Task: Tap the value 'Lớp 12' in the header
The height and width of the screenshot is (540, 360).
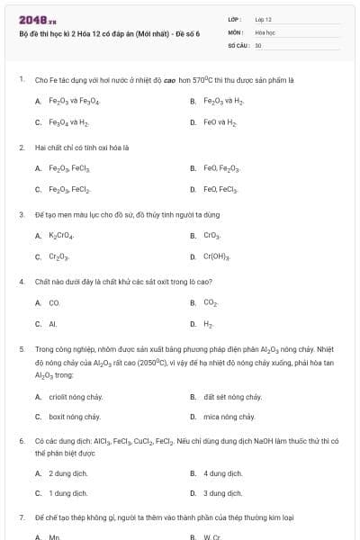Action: [263, 19]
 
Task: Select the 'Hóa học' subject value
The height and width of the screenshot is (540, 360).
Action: [265, 31]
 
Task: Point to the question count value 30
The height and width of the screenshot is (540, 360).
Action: [258, 44]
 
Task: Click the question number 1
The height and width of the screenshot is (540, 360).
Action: [21, 79]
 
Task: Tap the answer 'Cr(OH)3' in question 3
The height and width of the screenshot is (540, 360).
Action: [217, 256]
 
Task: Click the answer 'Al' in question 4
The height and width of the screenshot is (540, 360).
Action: [53, 324]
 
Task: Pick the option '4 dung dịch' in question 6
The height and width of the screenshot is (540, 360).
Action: [222, 472]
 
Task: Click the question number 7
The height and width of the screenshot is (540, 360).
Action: [21, 518]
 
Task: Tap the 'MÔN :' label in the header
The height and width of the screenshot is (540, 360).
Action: [236, 31]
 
